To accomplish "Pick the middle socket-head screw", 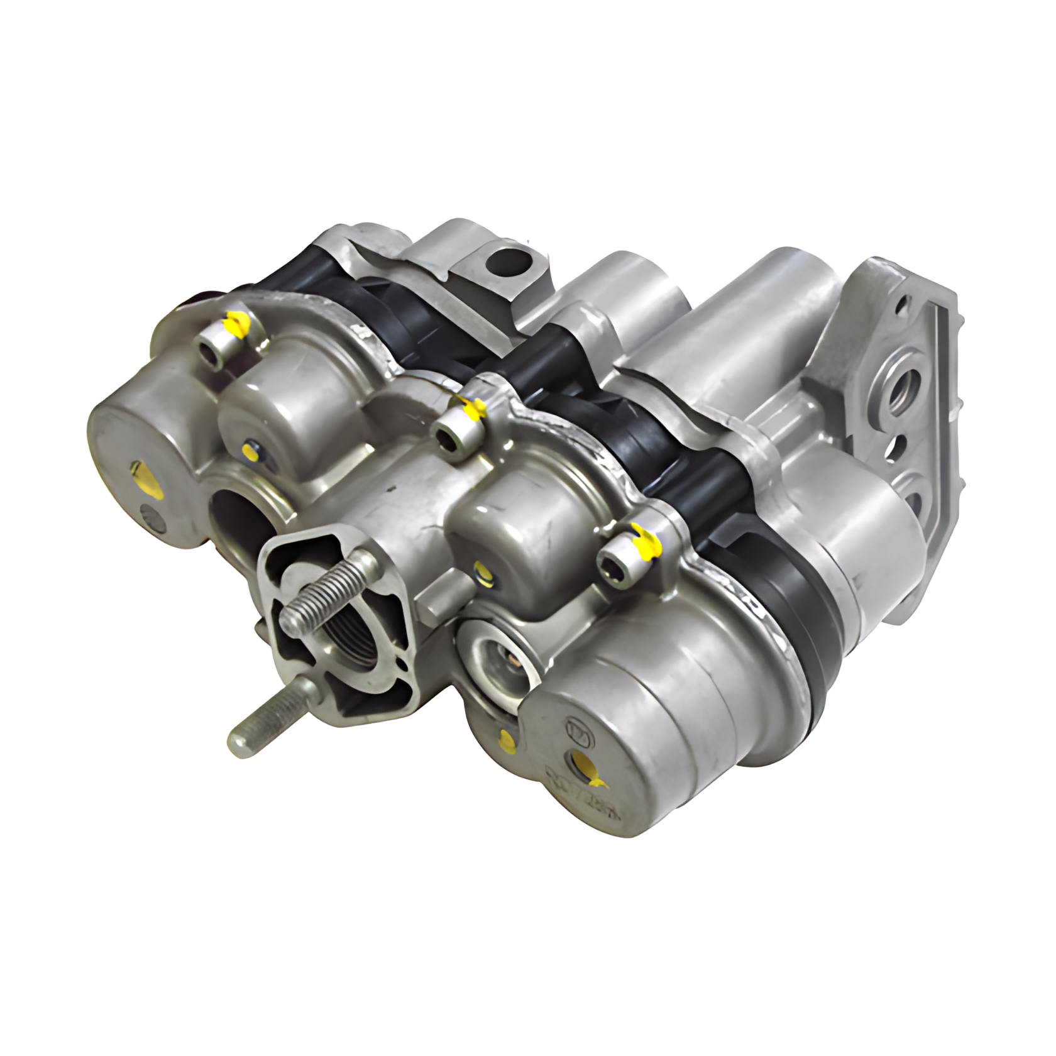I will pos(451,434).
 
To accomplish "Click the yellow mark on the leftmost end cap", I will pos(137,468).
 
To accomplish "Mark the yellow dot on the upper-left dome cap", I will pos(250,450).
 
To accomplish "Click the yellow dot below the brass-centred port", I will pos(506,740).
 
